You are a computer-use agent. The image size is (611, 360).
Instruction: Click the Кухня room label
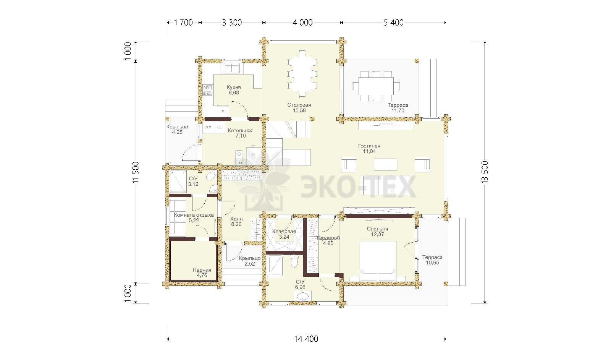click(x=234, y=88)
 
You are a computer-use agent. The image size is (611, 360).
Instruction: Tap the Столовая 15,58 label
click(x=299, y=107)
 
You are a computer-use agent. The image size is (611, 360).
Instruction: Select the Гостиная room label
click(x=369, y=146)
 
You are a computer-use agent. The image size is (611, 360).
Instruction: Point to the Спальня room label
click(x=378, y=229)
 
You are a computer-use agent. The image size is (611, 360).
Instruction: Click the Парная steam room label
click(x=202, y=270)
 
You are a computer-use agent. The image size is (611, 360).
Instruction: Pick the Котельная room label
click(x=241, y=130)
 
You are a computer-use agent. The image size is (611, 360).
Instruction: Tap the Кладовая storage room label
click(x=284, y=232)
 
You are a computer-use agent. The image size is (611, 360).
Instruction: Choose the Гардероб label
click(x=328, y=238)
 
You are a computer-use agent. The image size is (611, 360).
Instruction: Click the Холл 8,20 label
click(x=236, y=221)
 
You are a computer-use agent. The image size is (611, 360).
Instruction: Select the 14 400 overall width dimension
click(x=306, y=339)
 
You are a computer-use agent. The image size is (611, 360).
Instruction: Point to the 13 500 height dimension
click(x=485, y=172)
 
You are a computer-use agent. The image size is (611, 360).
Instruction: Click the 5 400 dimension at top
click(x=394, y=23)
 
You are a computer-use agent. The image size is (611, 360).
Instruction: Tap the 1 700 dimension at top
click(x=183, y=23)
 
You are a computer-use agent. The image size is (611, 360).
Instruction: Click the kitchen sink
click(x=232, y=68)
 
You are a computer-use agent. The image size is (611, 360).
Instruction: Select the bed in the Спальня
click(x=378, y=261)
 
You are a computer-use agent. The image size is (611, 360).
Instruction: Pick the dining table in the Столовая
click(x=302, y=74)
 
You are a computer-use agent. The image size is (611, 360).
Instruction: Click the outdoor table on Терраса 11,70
click(x=376, y=86)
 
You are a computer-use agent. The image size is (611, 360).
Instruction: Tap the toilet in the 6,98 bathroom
click(x=294, y=261)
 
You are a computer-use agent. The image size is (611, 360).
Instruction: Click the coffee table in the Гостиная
click(x=385, y=164)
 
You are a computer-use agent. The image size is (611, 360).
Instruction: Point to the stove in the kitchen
click(x=207, y=90)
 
